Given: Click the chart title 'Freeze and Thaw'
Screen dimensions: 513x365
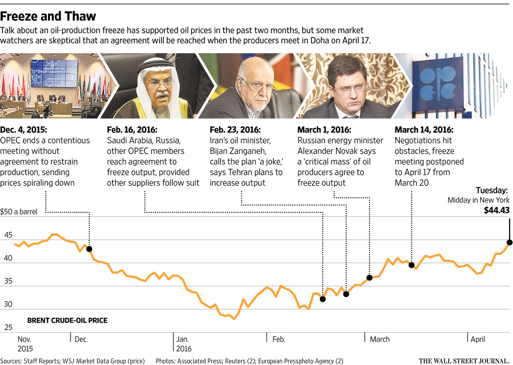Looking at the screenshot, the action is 48,16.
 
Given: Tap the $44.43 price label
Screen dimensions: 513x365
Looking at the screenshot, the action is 497,210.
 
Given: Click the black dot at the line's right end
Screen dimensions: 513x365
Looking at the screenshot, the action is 509,242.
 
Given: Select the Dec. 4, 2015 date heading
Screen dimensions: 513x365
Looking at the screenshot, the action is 23,130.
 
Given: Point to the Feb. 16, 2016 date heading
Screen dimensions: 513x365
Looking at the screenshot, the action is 132,130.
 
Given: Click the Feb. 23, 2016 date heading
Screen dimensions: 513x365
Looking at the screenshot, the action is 235,130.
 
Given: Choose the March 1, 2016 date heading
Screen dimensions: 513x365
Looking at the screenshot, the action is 324,130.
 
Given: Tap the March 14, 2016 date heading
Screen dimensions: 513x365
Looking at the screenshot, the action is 424,130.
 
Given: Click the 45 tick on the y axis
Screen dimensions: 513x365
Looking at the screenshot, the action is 8,235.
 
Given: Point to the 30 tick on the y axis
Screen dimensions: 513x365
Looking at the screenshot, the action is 8,304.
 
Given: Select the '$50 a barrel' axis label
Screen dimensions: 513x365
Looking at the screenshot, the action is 18,212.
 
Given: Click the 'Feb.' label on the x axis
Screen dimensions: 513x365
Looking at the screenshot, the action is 279,339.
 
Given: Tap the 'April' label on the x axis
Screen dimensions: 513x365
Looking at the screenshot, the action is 478,339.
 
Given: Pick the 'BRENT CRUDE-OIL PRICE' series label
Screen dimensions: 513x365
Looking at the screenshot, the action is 67,320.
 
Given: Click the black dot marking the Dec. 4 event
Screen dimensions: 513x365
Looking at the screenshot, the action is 89,249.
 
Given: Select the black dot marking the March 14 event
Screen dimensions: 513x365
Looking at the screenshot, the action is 412,265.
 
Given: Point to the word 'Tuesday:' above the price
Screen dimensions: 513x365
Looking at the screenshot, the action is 492,191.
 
